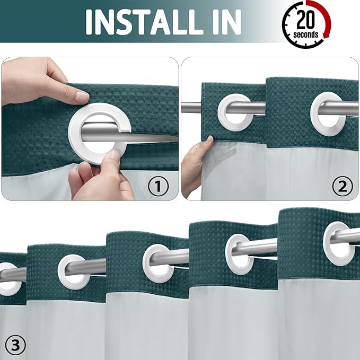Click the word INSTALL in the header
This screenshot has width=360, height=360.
coord(146,21)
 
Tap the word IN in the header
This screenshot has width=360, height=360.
coord(223,21)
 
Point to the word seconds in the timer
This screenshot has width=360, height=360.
coord(306,35)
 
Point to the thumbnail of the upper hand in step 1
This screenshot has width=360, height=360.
coord(81,97)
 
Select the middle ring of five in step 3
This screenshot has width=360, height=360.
coord(158,262)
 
